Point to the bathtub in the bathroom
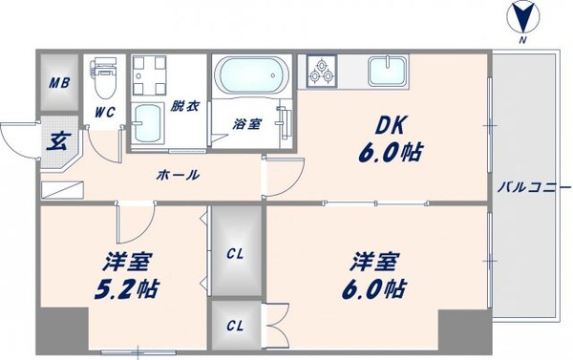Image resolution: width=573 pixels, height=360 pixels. point(250,74)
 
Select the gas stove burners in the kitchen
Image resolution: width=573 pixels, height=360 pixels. point(322,70)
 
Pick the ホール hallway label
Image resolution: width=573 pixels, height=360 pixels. point(179,175)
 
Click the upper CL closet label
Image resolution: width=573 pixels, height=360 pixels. point(234,255)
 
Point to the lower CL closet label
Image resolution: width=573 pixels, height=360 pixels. point(234,325)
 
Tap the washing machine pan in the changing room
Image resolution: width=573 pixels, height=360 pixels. point(151,75)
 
